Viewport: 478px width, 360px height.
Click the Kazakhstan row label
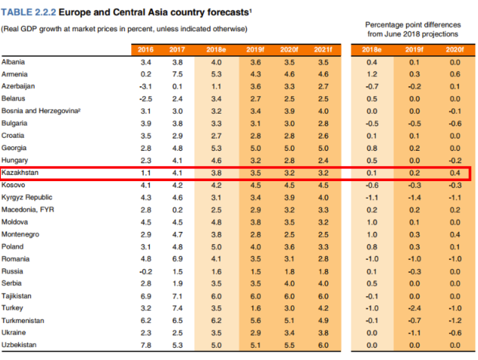(x=20, y=173)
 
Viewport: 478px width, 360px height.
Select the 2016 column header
(x=146, y=49)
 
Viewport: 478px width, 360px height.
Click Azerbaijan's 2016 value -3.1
(x=145, y=86)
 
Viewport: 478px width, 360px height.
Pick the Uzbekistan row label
(x=20, y=345)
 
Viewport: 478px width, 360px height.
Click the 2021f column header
(x=323, y=49)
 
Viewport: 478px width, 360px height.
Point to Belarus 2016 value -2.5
(x=145, y=99)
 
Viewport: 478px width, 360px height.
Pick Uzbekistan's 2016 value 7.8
(x=146, y=345)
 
